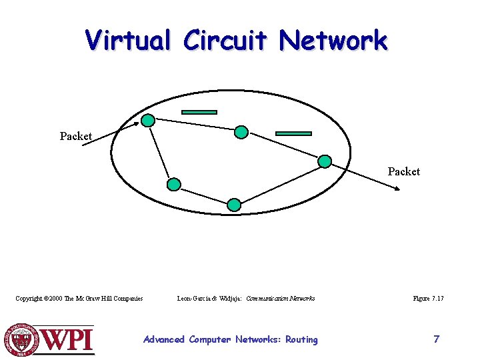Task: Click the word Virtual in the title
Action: [128, 40]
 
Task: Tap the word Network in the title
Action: [333, 40]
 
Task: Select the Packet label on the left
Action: [75, 136]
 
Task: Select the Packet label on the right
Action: [404, 171]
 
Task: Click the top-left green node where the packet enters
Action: [149, 121]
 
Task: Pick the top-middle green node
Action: [241, 133]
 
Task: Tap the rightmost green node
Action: [325, 161]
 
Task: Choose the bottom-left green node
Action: [173, 184]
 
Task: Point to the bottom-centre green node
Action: [233, 205]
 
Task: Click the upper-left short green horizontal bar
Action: [199, 112]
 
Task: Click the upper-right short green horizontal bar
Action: [293, 133]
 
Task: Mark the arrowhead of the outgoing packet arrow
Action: [398, 189]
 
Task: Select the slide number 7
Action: [436, 339]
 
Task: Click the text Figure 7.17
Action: [428, 299]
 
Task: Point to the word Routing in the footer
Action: [301, 339]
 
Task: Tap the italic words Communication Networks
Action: [280, 299]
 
